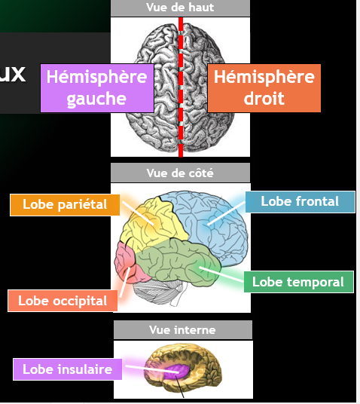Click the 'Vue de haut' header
(x=180, y=8)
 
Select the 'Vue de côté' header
(x=180, y=173)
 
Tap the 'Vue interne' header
(x=183, y=330)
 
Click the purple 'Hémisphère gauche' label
(x=97, y=88)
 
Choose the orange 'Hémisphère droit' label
(x=264, y=88)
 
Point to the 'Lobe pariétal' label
(x=65, y=205)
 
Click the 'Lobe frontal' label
(x=300, y=202)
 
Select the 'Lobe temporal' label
(x=299, y=282)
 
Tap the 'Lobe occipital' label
(x=63, y=301)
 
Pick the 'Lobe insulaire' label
(x=68, y=369)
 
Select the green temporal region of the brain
(x=178, y=263)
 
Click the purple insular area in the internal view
(x=176, y=371)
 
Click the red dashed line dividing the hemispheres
(x=181, y=87)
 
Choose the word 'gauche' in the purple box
(x=96, y=99)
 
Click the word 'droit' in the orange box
(x=264, y=98)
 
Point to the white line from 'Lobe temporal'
(x=221, y=274)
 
